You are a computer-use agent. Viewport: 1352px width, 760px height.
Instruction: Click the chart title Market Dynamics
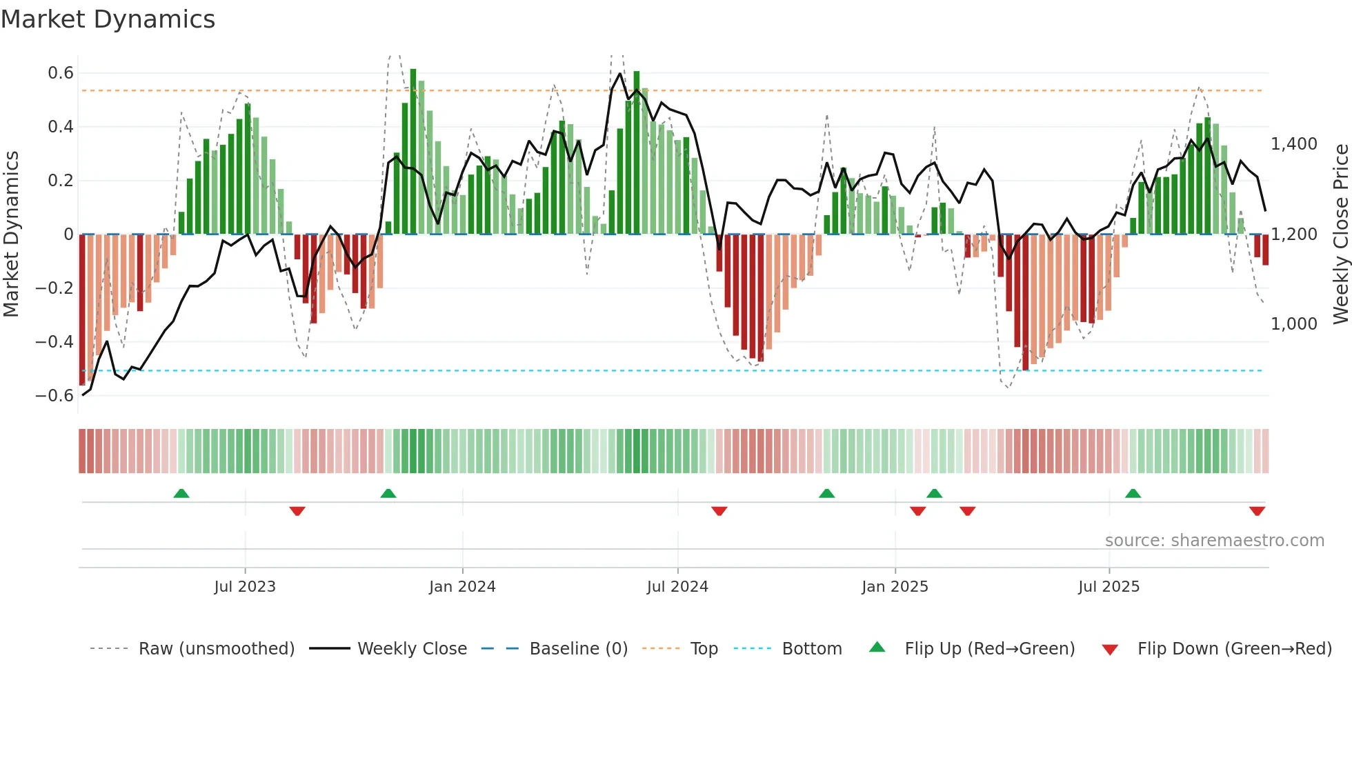point(108,19)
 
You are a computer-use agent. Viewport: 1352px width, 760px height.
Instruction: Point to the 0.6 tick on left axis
point(61,73)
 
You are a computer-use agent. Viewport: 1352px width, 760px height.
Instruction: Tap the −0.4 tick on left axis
point(54,342)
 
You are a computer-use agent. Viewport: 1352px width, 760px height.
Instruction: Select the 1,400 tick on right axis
point(1294,144)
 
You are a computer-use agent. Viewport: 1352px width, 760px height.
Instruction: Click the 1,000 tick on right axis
point(1294,324)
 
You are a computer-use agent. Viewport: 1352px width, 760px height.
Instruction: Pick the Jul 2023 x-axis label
point(245,587)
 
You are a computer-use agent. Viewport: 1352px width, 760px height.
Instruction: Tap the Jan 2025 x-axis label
point(895,587)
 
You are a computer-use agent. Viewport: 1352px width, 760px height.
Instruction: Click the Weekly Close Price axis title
point(1340,234)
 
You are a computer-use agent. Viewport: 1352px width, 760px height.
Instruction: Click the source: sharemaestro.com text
point(1214,541)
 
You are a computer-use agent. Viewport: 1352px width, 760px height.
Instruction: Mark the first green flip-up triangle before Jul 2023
point(181,494)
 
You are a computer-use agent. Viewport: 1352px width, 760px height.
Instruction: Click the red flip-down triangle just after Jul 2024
point(719,511)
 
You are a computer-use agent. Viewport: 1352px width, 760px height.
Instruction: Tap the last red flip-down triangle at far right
point(1257,511)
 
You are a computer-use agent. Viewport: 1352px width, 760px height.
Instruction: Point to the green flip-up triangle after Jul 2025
point(1133,494)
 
